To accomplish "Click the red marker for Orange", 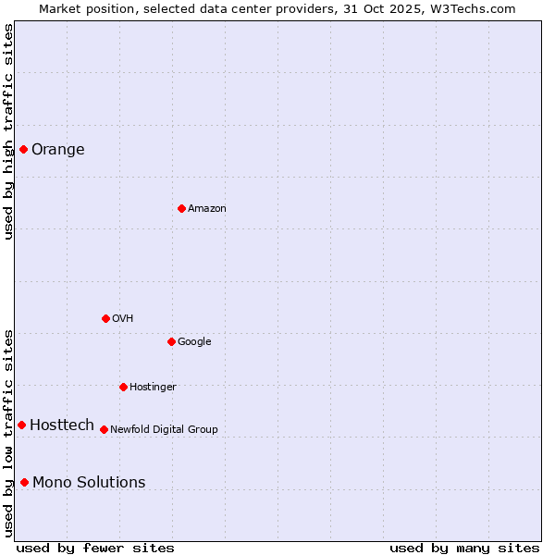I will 23,149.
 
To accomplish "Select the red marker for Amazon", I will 181,208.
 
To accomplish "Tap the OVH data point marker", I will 105,318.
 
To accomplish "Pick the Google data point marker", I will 171,341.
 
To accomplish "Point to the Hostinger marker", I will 123,387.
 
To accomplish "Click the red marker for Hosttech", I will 21,425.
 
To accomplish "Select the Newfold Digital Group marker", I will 104,429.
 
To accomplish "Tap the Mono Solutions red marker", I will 24,482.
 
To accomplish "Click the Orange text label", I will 58,150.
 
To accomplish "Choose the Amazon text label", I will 207,209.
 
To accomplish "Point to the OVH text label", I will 123,319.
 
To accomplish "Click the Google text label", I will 194,342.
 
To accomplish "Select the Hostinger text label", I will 153,388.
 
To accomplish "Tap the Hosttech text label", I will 62,425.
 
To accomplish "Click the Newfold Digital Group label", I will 164,430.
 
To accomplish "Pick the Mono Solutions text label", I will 89,483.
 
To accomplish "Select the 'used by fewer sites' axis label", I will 95,549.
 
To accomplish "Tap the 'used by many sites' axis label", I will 464,549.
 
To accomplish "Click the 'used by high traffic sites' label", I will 9,131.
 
